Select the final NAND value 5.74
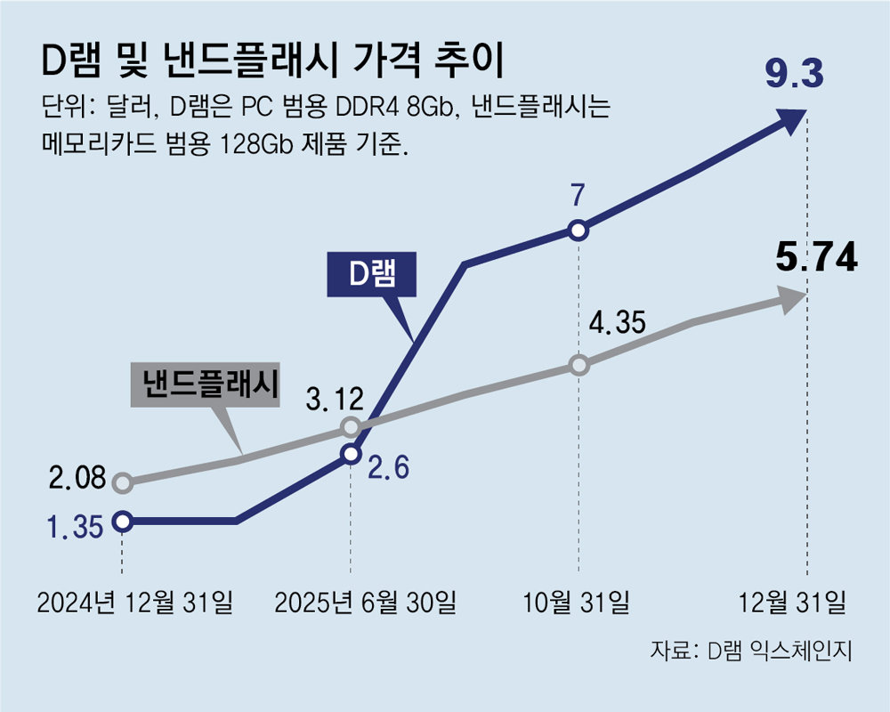tap(816, 258)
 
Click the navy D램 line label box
tap(370, 276)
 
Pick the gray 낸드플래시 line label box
tap(204, 385)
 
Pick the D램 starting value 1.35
tap(75, 527)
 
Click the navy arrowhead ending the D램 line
tap(791, 120)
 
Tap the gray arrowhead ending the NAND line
tap(792, 300)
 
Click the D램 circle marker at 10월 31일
tap(578, 231)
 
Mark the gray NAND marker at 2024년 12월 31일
tap(123, 483)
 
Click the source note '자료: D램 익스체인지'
tap(751, 651)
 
